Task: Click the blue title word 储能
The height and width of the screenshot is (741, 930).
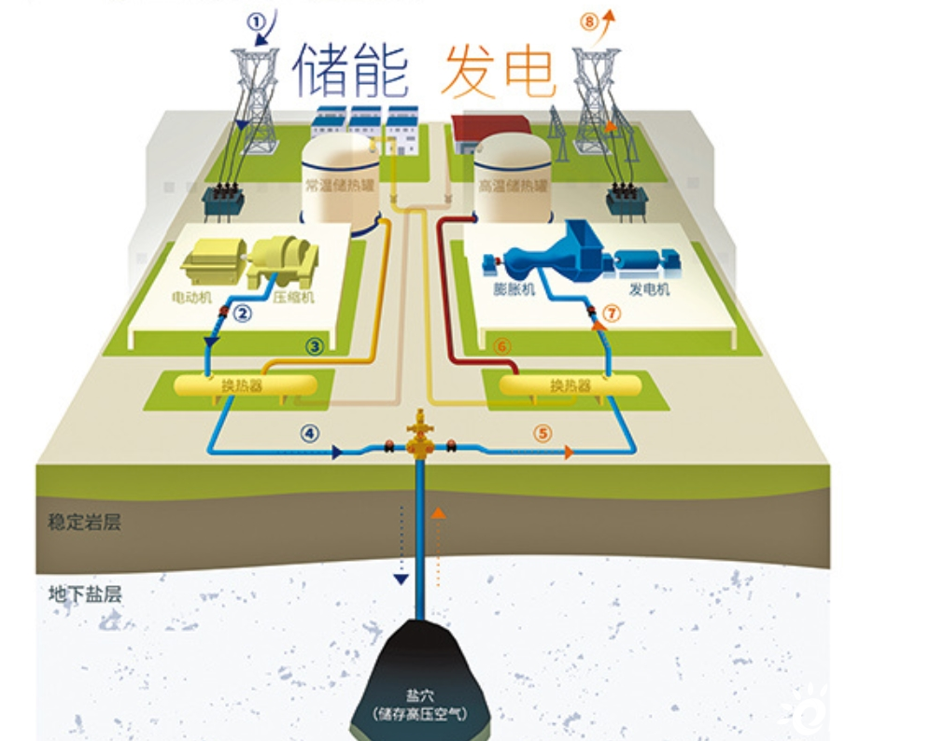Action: (352, 71)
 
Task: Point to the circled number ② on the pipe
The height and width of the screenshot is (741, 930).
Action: (243, 314)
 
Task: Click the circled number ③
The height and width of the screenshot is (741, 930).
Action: (315, 346)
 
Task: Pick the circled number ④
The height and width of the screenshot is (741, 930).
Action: (309, 433)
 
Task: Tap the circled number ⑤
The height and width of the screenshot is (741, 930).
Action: (544, 433)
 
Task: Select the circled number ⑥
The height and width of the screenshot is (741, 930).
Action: (501, 346)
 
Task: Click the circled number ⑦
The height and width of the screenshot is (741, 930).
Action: (612, 314)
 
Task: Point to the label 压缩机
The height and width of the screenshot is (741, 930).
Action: (291, 299)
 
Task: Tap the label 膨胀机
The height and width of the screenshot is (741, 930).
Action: (513, 290)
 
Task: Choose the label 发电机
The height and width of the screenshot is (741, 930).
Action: (649, 290)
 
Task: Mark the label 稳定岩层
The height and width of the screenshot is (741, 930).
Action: (84, 522)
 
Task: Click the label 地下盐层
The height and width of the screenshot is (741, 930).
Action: (84, 593)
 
